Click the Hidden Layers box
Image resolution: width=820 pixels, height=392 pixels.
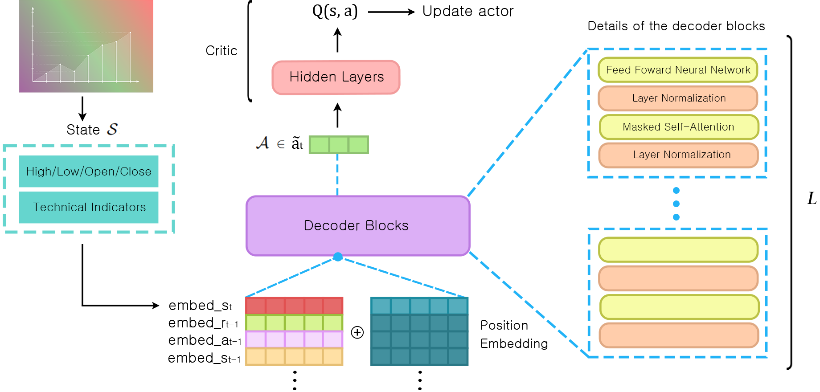coord(336,78)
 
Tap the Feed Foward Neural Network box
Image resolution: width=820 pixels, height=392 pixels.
coord(678,70)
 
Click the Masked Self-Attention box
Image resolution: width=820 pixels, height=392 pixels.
coord(679,127)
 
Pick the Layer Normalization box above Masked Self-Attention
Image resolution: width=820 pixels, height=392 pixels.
coord(678,98)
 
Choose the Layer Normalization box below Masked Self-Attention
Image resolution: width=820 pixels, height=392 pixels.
coord(679,155)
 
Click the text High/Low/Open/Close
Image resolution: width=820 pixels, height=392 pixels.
coord(89,172)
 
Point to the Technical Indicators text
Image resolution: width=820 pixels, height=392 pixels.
coord(89,208)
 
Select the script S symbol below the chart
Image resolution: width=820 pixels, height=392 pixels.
coord(112,129)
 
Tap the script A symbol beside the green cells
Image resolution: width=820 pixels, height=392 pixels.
coord(262,143)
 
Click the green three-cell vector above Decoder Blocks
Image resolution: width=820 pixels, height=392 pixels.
coord(339,145)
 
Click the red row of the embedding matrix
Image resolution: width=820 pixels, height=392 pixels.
coord(294,306)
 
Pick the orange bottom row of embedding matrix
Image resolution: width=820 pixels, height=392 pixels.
coord(294,357)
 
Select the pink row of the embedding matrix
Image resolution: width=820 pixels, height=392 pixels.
coord(294,340)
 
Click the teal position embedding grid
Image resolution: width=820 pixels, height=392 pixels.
coord(419,332)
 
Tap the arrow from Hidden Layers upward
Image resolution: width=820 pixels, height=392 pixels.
coord(337,40)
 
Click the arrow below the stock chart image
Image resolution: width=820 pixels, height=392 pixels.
coord(82,108)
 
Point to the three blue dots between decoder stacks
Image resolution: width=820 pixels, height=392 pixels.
coord(676,204)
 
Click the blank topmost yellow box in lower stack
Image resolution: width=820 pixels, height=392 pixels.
coord(678,249)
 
